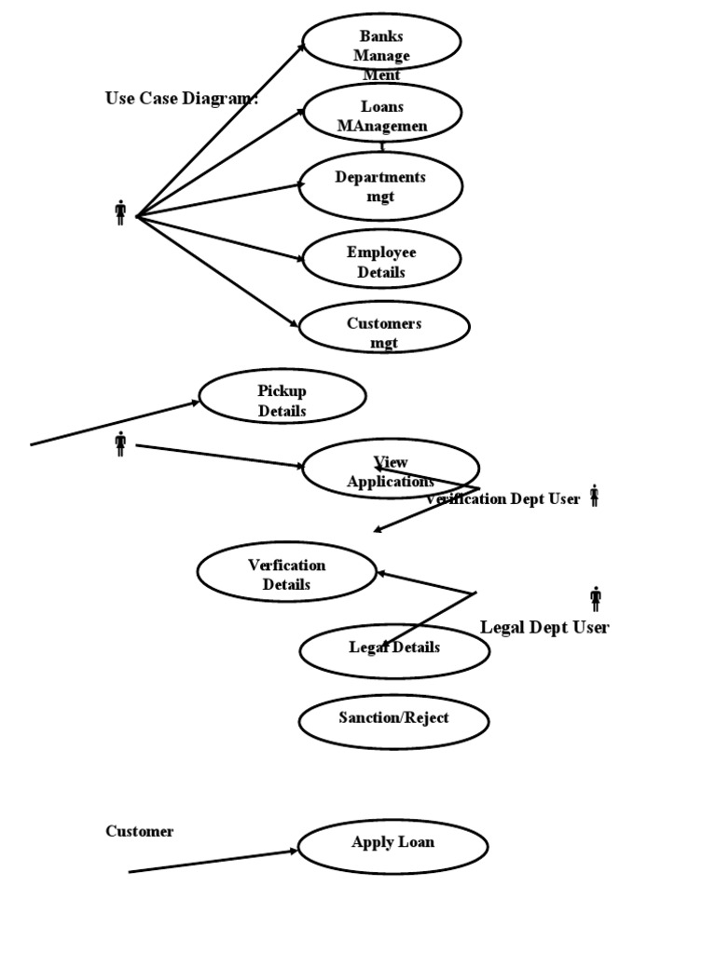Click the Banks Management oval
pyautogui.click(x=381, y=43)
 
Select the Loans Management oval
pyautogui.click(x=382, y=113)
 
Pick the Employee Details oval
pyautogui.click(x=381, y=259)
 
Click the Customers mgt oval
pyautogui.click(x=384, y=327)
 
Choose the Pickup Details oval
pyautogui.click(x=282, y=397)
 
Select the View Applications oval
pyautogui.click(x=391, y=469)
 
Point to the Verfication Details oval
pyautogui.click(x=286, y=572)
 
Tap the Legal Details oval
pyautogui.click(x=394, y=650)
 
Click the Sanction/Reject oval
pyautogui.click(x=393, y=720)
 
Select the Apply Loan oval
pyautogui.click(x=392, y=846)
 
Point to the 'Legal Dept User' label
pyautogui.click(x=544, y=627)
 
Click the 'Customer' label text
pyautogui.click(x=139, y=831)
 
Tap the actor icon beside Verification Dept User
pyautogui.click(x=594, y=496)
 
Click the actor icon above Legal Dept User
pyautogui.click(x=595, y=599)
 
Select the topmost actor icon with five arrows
pyautogui.click(x=120, y=212)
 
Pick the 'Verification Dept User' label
pyautogui.click(x=503, y=499)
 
